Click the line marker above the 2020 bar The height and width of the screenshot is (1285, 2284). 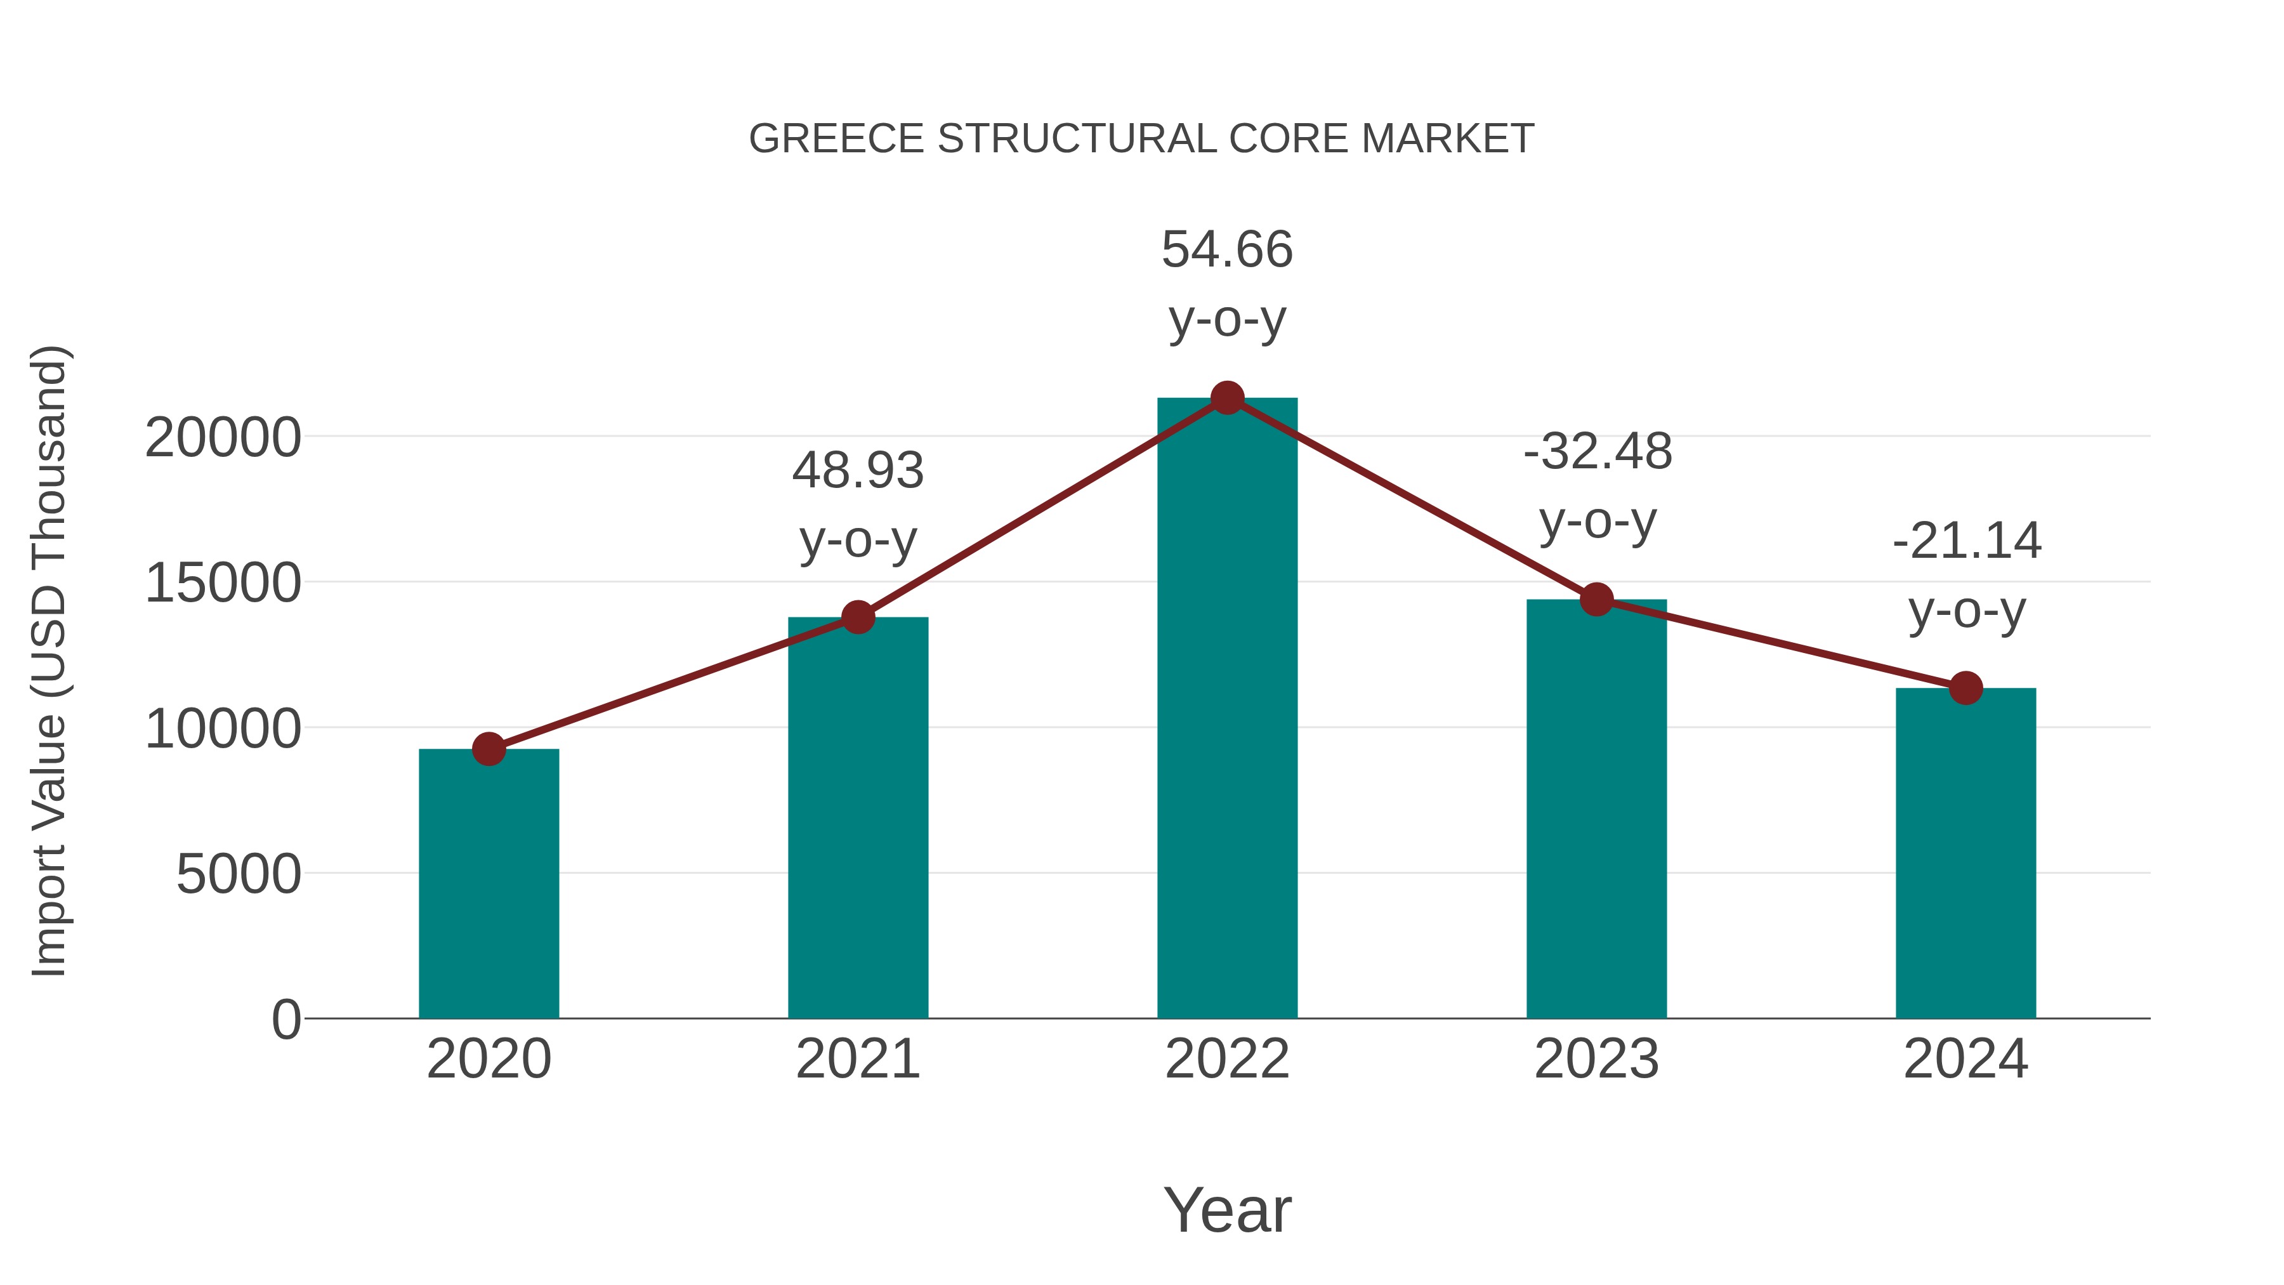tap(489, 749)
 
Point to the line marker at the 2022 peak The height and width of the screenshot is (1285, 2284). tap(1227, 398)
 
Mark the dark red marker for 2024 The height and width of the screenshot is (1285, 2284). tap(1966, 687)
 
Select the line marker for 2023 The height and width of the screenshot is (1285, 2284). tap(1596, 600)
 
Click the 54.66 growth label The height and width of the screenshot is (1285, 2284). tap(1227, 250)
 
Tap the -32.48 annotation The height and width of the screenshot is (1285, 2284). tap(1598, 452)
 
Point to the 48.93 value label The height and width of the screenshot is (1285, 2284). tap(857, 471)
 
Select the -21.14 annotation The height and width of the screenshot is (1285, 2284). tap(1967, 542)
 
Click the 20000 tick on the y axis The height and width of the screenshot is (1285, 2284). tap(223, 438)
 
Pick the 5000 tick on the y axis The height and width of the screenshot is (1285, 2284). tap(239, 875)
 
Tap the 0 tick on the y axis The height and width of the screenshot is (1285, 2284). tap(286, 1020)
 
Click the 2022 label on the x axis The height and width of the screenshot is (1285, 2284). tap(1227, 1059)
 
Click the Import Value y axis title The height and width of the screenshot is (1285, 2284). tap(49, 661)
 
